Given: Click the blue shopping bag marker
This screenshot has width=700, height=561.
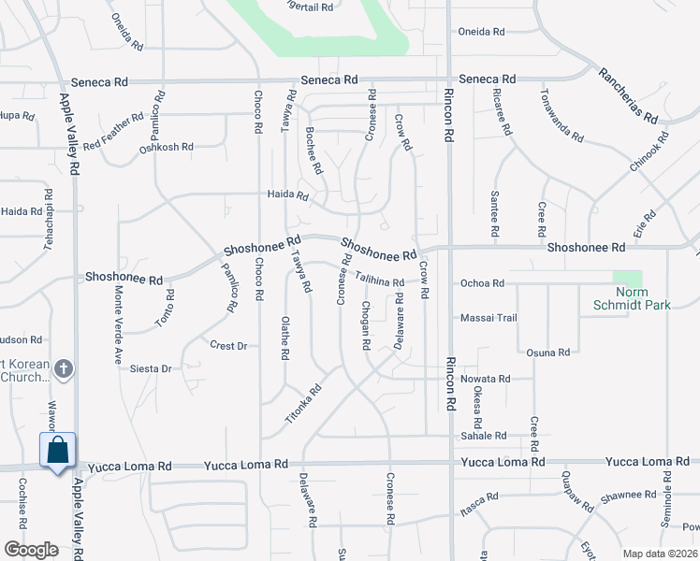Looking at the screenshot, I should tap(58, 451).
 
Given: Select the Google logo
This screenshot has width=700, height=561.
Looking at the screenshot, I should tap(31, 549).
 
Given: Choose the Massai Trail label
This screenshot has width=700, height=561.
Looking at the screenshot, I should tap(489, 318).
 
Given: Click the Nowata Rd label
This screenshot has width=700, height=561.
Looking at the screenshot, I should tap(485, 379).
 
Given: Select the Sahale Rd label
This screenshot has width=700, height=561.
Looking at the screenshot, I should tap(483, 436).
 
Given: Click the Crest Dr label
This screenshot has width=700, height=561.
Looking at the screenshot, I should tap(228, 346).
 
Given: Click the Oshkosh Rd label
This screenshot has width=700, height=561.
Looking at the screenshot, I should tap(166, 148).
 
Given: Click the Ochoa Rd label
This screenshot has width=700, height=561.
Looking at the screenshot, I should tap(483, 282).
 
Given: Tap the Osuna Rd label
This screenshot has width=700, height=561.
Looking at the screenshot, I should tap(548, 352).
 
